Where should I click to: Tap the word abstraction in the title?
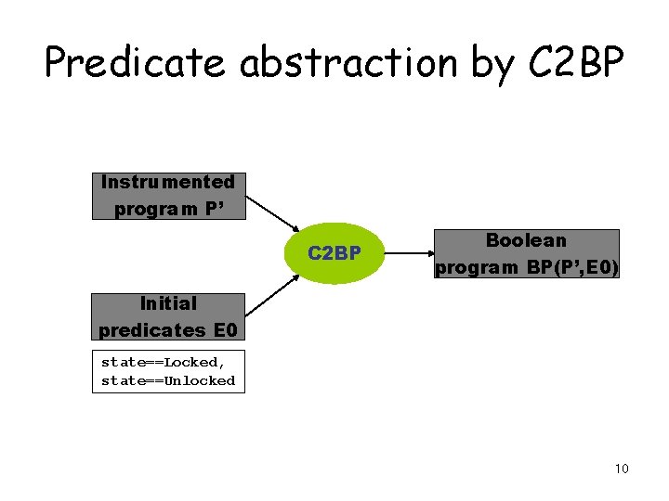[348, 63]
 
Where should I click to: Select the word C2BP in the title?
[576, 63]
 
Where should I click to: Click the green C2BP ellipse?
[334, 252]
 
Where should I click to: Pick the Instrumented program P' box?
[168, 196]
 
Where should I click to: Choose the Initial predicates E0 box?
[168, 316]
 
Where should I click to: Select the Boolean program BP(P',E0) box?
[526, 254]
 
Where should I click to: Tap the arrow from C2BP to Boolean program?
[408, 252]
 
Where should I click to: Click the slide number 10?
[622, 469]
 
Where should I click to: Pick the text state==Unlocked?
[168, 380]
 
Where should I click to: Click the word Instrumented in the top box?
[168, 182]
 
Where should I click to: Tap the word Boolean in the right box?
[526, 240]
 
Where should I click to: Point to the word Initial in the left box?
[168, 303]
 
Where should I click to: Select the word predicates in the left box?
[152, 330]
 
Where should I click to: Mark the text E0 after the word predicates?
[225, 330]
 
